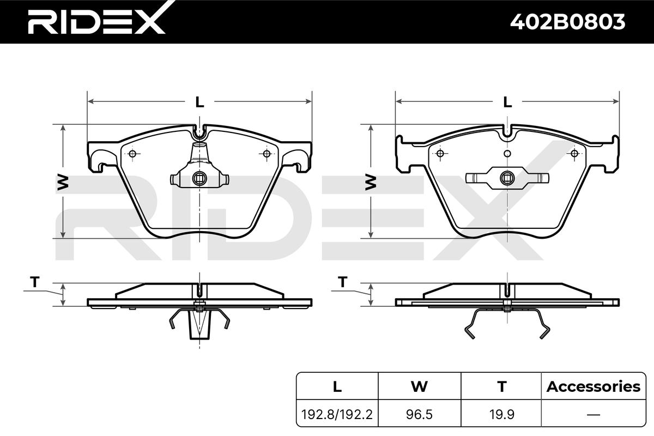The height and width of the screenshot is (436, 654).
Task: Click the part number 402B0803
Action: [567, 22]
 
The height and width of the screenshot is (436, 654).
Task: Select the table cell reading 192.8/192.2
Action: [337, 414]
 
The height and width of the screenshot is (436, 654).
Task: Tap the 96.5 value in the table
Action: [419, 414]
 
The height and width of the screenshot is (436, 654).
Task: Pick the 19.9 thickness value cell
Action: [501, 414]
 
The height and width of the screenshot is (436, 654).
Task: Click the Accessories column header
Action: [594, 386]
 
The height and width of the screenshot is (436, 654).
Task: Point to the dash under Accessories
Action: [594, 414]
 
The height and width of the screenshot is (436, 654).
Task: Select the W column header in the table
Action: [419, 386]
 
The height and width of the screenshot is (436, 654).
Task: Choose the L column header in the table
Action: [337, 386]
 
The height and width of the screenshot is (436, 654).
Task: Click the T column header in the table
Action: [502, 386]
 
